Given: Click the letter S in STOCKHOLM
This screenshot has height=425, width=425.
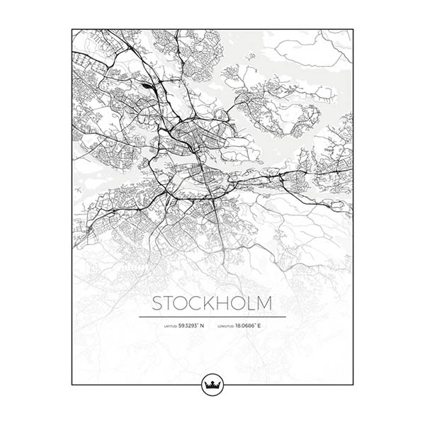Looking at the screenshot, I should (x=160, y=303).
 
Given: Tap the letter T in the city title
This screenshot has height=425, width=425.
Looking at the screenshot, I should (x=174, y=303).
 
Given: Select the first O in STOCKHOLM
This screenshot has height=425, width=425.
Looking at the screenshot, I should (x=189, y=303).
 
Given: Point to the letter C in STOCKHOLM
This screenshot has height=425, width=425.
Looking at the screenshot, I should (x=205, y=303).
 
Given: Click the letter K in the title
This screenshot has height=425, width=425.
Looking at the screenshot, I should (x=220, y=303).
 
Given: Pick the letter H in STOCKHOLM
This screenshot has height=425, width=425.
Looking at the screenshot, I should (x=234, y=303).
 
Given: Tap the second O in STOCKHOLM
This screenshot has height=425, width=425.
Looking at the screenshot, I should (x=250, y=303).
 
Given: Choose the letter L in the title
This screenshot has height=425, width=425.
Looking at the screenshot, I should (x=263, y=303).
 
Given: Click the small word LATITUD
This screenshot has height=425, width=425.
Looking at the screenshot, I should (x=170, y=327).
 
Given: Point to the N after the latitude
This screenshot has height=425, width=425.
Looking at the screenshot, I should (x=202, y=326).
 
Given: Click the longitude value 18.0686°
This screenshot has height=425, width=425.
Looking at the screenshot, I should (x=246, y=326).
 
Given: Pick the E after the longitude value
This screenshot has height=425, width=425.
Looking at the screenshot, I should (x=260, y=326).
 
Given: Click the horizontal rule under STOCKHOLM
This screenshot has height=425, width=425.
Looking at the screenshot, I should (x=212, y=317).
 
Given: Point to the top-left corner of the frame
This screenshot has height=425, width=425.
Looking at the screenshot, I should (x=72, y=29).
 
